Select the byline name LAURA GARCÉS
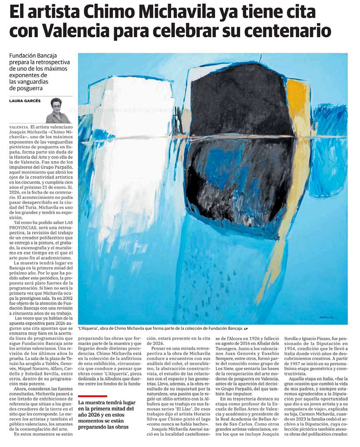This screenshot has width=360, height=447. [x=25, y=101]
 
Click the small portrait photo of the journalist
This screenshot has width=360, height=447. [x=58, y=110]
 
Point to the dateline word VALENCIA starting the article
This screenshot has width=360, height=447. [x=19, y=127]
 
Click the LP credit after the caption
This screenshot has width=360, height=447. [x=246, y=329]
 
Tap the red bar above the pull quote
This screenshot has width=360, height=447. [x=93, y=396]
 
